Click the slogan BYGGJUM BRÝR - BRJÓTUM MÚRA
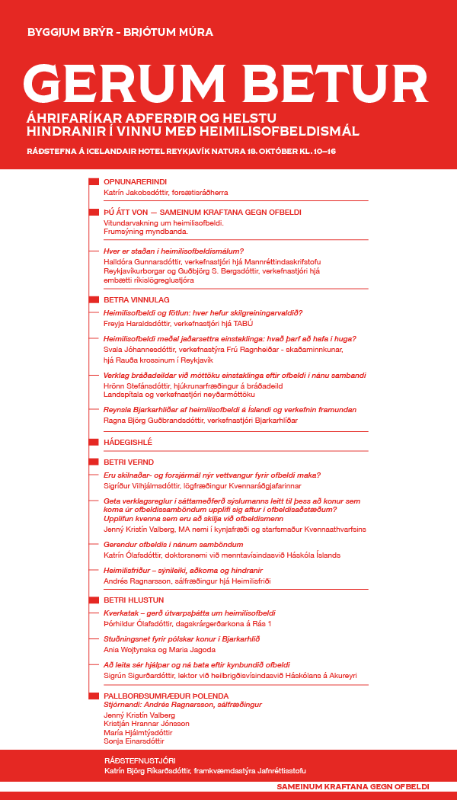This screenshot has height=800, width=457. (x=120, y=32)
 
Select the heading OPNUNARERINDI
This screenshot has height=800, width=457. (x=129, y=182)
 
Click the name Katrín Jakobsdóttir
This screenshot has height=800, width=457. (x=133, y=194)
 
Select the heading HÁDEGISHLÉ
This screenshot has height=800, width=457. (x=128, y=442)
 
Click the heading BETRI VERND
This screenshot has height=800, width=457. (x=128, y=462)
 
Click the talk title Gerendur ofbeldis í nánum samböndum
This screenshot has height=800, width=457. (x=174, y=545)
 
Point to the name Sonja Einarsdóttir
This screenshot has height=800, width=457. (x=133, y=741)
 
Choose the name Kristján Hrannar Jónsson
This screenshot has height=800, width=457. (x=146, y=722)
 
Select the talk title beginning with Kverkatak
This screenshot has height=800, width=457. (x=189, y=613)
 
